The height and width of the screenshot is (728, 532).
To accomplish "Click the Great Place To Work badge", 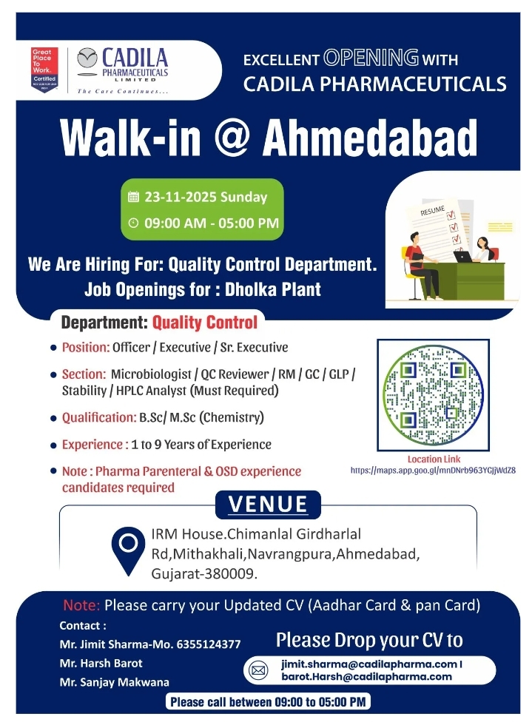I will coord(44,68).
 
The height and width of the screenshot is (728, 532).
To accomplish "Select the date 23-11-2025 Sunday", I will coord(206,198).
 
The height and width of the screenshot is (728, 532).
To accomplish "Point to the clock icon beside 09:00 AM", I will coord(133,223).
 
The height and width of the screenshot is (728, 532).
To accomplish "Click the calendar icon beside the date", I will coord(133,198).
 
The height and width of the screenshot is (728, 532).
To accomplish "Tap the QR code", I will coord(433,395).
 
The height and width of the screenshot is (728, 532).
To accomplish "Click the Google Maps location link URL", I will coord(433,470).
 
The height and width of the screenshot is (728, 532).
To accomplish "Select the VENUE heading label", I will coord(268,505).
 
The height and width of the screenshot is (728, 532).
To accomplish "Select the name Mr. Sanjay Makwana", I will coord(114,682).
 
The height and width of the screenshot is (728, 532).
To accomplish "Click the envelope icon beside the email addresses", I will coord(259,671).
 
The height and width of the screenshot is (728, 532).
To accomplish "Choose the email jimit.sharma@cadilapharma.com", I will coord(368,664).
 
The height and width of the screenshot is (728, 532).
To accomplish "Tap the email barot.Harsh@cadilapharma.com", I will coord(367,676).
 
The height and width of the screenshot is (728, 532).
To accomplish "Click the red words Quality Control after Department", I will coord(205,323).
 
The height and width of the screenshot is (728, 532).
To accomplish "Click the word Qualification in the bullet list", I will coord(99,417).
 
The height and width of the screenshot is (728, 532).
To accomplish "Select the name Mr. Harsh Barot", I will coord(101,663).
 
